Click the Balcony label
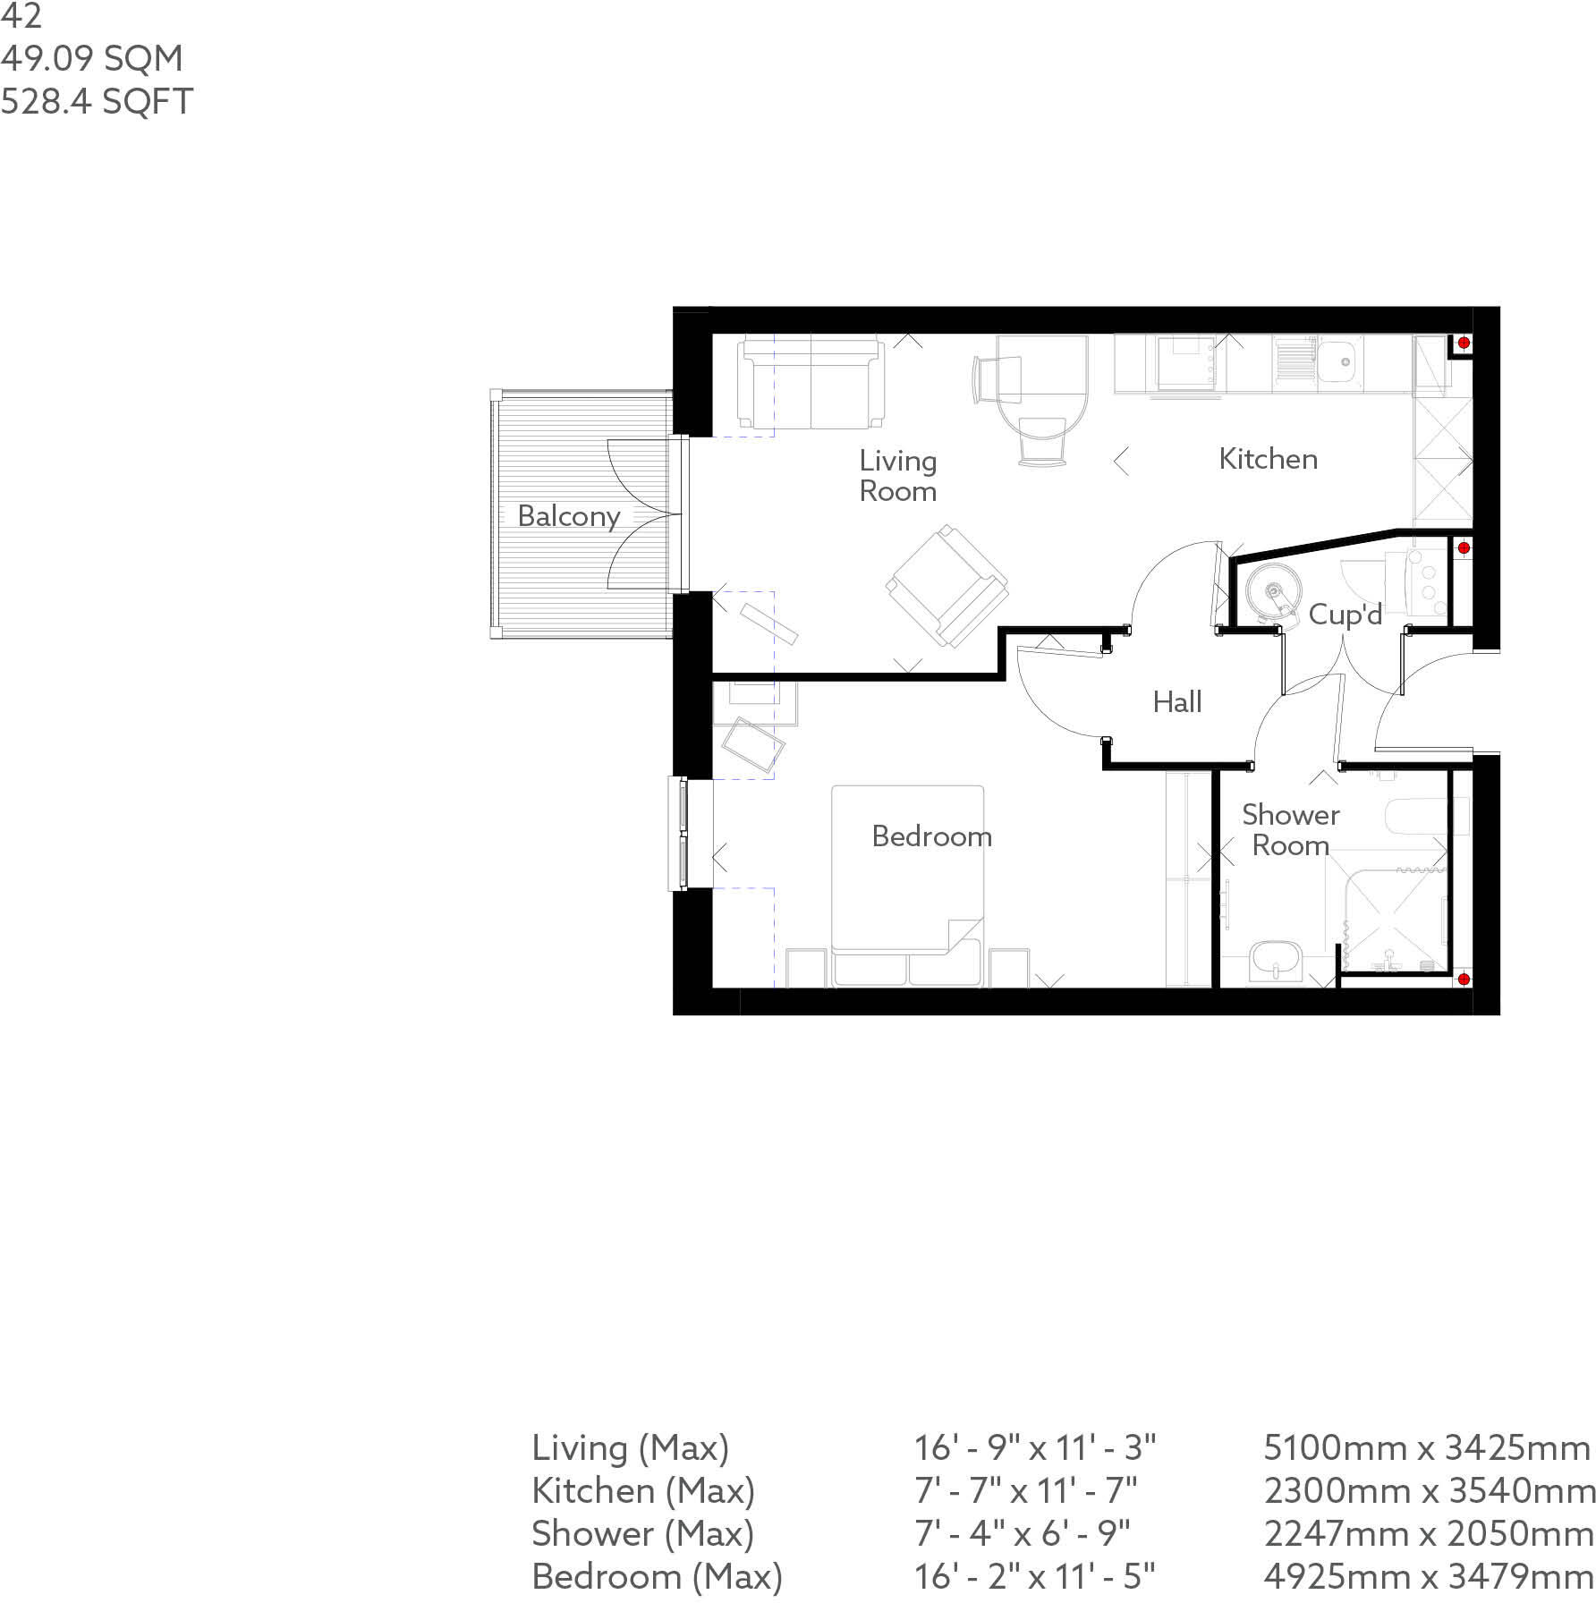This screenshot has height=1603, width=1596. click(568, 516)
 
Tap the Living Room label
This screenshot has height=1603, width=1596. click(897, 476)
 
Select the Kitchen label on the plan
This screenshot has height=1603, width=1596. click(1268, 459)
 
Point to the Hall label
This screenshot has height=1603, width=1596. click(1176, 702)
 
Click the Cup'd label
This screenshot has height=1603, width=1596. click(1345, 615)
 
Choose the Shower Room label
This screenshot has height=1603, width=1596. click(1290, 829)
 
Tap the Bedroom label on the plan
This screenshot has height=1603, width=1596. click(931, 836)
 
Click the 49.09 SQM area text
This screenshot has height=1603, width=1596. click(91, 59)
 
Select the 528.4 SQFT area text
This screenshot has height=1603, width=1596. click(97, 102)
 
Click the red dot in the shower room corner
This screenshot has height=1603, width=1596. click(1464, 980)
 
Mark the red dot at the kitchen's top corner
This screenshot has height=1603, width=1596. click(1464, 343)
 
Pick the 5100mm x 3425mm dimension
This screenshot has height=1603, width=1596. click(1426, 1447)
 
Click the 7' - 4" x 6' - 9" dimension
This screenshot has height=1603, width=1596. click(1022, 1533)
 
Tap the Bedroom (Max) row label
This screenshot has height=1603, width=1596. click(657, 1576)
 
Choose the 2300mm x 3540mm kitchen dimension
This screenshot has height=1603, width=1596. click(1429, 1490)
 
